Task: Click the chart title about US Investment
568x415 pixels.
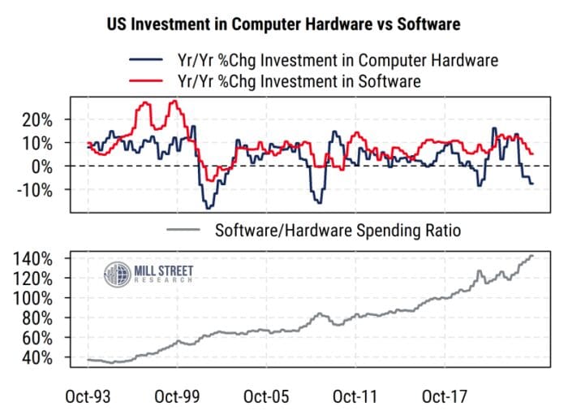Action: [x=283, y=24]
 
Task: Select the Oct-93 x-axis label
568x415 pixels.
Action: [x=88, y=397]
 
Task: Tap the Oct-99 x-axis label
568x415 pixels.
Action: [x=177, y=397]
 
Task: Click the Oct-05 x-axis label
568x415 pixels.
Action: [x=266, y=397]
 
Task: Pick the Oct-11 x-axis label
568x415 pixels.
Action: [x=355, y=397]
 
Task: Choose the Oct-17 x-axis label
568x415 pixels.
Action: [x=443, y=397]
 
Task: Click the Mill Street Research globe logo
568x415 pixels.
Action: [x=117, y=274]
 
